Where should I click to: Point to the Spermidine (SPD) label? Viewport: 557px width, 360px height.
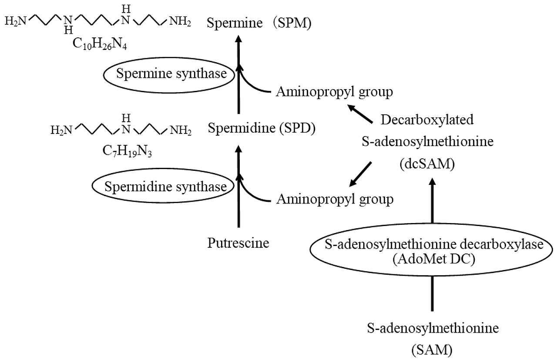(261, 129)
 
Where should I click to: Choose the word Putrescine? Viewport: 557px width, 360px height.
(238, 242)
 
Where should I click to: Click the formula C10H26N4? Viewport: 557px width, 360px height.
(101, 44)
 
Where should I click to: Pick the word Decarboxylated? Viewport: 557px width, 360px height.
(427, 120)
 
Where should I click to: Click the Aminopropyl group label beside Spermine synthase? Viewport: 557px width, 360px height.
(335, 92)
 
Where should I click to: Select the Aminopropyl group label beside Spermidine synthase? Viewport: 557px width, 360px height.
(335, 200)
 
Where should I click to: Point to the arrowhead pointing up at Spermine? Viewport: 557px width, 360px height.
(238, 40)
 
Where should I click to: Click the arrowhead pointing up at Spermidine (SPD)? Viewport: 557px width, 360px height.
(238, 149)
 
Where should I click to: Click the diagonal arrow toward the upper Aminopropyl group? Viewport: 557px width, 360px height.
(359, 113)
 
